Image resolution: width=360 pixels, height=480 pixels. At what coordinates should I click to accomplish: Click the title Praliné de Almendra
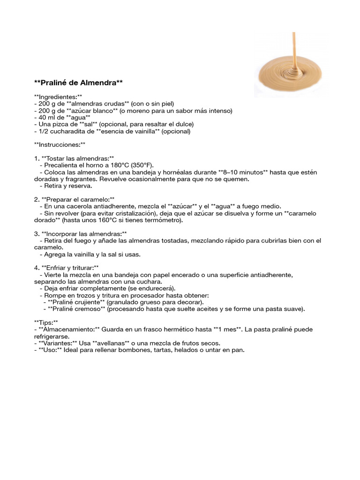coord(79,83)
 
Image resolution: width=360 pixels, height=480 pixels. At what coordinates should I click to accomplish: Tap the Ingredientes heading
coord(58,97)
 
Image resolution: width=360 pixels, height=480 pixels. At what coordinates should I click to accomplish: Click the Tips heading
coord(46,322)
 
